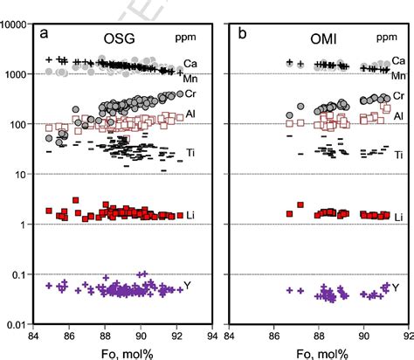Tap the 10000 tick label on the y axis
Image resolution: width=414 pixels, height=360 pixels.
click(17, 25)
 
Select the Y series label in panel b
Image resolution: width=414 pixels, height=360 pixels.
click(396, 287)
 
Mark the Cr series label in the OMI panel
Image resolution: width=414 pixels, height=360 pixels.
click(397, 95)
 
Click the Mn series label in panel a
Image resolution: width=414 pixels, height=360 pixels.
click(192, 79)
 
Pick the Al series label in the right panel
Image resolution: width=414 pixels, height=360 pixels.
click(397, 115)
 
